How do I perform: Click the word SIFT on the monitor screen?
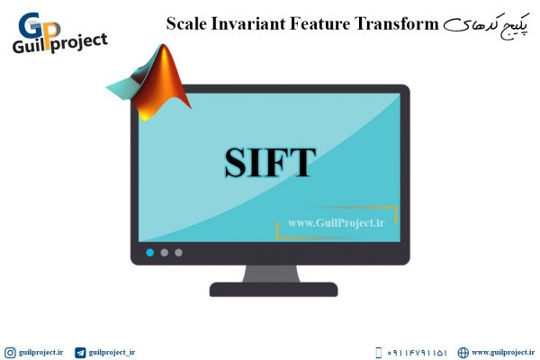pyautogui.click(x=270, y=162)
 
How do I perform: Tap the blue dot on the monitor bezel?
pyautogui.click(x=149, y=253)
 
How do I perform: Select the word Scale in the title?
pyautogui.click(x=186, y=23)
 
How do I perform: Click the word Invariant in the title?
pyautogui.click(x=248, y=23)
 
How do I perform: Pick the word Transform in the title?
pyautogui.click(x=396, y=23)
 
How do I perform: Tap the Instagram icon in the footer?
pyautogui.click(x=10, y=353)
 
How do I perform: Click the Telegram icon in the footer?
pyautogui.click(x=80, y=353)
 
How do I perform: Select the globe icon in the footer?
pyautogui.click(x=463, y=353)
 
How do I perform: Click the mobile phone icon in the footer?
pyautogui.click(x=378, y=353)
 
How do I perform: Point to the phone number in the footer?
pyautogui.click(x=417, y=353)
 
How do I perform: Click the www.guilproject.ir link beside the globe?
pyautogui.click(x=503, y=353)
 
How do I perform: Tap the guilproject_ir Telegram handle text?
pyautogui.click(x=112, y=353)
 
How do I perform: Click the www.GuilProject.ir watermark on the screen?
pyautogui.click(x=337, y=223)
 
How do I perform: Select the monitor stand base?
pyautogui.click(x=274, y=290)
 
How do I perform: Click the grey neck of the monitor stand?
pyautogui.click(x=272, y=274)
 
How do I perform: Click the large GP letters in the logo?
pyautogui.click(x=39, y=27)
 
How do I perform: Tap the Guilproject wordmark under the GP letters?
pyautogui.click(x=60, y=44)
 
